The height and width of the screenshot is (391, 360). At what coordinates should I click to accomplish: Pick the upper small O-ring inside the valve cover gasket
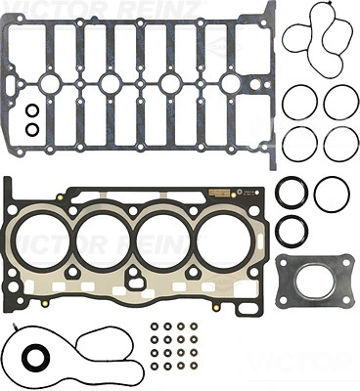pos(32,110)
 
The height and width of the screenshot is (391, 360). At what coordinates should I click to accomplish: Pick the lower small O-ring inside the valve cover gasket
pos(32,129)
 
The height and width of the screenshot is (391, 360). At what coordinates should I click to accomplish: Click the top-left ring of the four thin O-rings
pos(299,103)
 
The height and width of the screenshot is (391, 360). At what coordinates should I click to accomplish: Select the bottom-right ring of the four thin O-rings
pos(341,144)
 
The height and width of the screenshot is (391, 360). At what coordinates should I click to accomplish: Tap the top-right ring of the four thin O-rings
pos(341,103)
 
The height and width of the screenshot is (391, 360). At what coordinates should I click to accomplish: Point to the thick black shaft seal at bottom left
pos(36,365)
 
